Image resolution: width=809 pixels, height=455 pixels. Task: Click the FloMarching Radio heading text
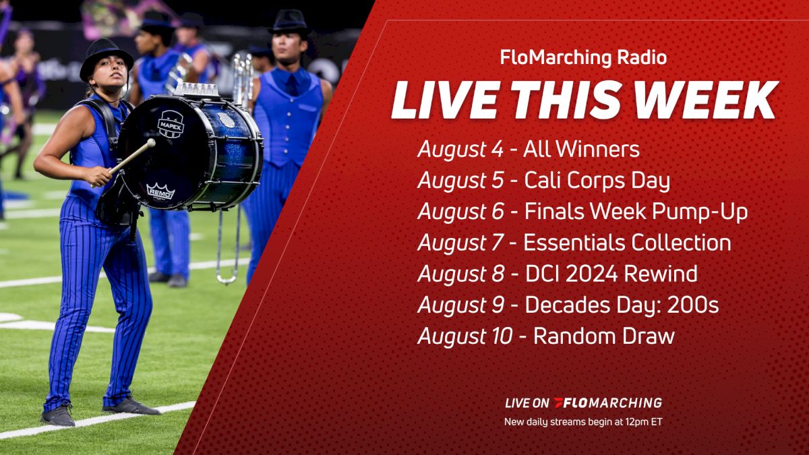point(583,58)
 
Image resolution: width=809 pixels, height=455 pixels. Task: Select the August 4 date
point(460,150)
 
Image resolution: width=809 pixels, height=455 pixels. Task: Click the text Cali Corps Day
point(596,181)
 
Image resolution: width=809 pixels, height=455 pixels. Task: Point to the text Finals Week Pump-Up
point(635,212)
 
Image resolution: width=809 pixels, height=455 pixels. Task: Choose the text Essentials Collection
point(627,243)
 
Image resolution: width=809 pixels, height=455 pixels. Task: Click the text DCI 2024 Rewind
point(611,274)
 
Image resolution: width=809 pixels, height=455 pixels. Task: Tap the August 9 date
point(460,305)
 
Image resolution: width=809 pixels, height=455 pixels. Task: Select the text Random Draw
point(603,336)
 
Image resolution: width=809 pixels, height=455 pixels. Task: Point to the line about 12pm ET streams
point(583,423)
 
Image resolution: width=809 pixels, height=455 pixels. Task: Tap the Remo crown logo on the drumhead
point(160,191)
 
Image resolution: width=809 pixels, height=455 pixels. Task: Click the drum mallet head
point(150,143)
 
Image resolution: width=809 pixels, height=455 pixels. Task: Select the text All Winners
point(581,150)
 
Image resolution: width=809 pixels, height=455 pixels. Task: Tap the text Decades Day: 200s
point(622,305)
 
